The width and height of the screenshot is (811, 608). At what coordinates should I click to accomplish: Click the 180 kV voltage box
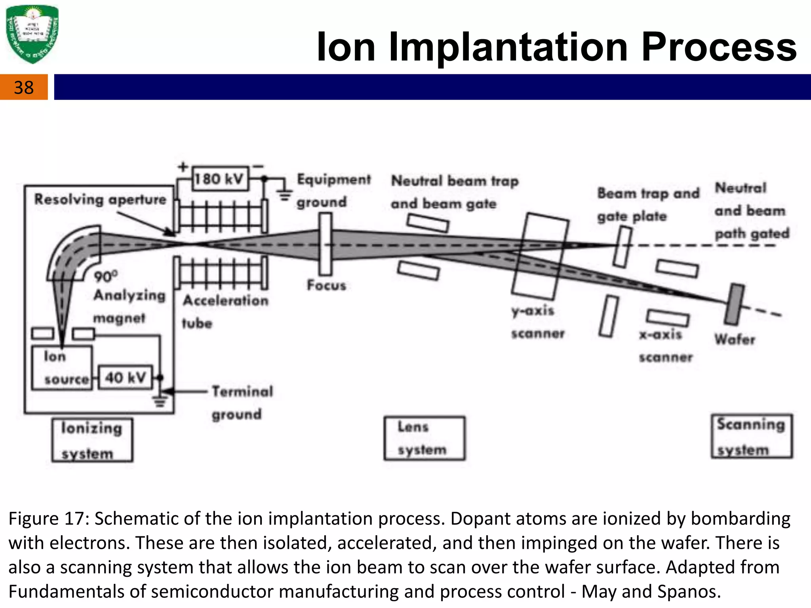click(x=220, y=179)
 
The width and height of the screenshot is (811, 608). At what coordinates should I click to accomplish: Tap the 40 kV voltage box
click(x=125, y=377)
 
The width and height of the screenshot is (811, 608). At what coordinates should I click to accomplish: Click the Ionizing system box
click(x=92, y=440)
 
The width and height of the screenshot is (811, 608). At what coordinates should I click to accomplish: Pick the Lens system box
click(x=424, y=438)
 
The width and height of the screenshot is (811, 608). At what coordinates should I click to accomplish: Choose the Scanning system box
click(x=751, y=436)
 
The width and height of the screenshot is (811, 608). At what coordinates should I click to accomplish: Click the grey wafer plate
click(x=735, y=304)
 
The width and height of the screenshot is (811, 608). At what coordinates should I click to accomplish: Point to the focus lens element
click(x=326, y=244)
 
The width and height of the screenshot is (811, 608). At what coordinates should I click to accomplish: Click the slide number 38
click(x=24, y=87)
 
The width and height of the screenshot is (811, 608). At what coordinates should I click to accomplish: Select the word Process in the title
click(x=718, y=47)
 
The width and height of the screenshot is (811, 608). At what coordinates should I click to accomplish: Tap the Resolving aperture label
click(x=100, y=199)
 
